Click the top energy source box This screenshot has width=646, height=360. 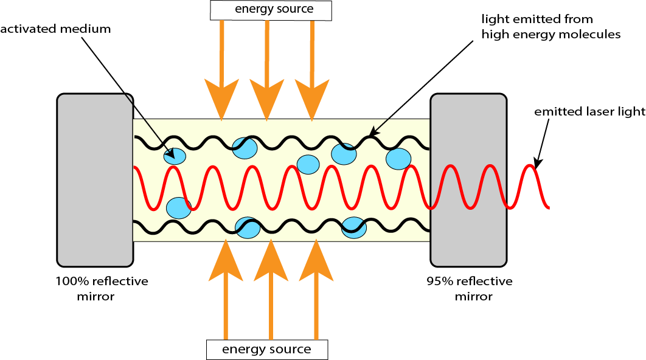270,10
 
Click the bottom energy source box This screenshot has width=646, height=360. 266,350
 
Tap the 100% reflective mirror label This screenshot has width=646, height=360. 102,289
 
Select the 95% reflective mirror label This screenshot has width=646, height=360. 470,289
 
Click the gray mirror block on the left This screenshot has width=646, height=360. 95,180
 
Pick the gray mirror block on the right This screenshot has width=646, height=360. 468,180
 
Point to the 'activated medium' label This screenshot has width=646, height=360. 56,29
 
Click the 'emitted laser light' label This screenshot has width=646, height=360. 589,111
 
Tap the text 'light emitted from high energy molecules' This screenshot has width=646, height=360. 550,27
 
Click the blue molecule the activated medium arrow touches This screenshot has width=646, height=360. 175,156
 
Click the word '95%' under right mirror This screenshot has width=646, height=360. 440,282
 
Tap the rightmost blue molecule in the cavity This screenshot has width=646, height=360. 398,159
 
